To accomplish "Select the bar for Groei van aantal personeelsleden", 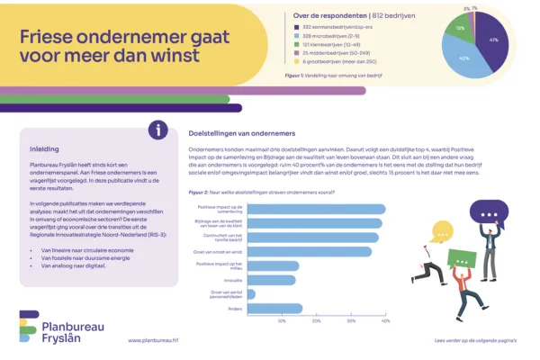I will [x=251, y=293].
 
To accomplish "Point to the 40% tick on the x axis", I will [x=386, y=321].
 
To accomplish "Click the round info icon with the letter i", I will [x=157, y=130].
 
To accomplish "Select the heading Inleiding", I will [x=45, y=149].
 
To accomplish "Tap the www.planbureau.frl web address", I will [x=154, y=341].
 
